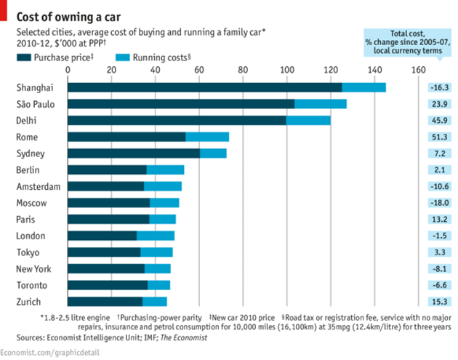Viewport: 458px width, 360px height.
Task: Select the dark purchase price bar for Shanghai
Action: tap(204, 87)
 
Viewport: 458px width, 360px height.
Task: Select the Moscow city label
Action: tap(31, 203)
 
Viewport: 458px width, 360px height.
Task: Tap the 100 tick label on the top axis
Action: tap(287, 70)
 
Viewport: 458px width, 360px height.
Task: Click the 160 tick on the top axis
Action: tap(418, 70)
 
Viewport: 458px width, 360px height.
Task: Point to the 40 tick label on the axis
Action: tap(156, 70)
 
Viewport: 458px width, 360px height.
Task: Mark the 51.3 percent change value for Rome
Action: tap(439, 137)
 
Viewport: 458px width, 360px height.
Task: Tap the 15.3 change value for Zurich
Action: tap(439, 302)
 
